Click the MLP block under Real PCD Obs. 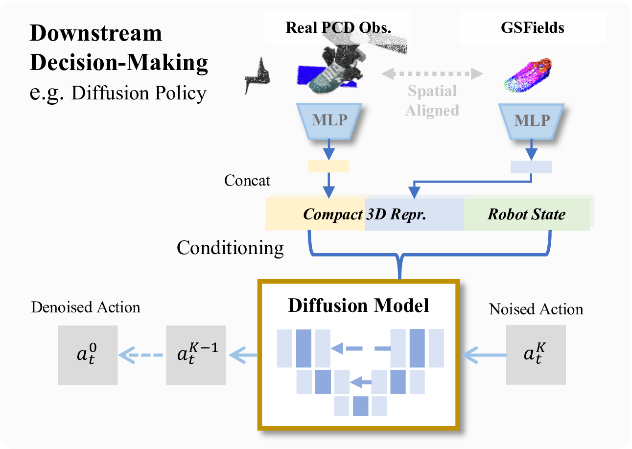[329, 121]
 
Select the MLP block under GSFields [531, 121]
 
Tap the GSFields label [533, 27]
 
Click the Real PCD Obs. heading [338, 27]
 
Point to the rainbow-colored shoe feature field [528, 75]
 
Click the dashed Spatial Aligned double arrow [432, 74]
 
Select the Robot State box [526, 214]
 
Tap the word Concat [247, 180]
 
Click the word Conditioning [230, 248]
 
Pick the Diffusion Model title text [358, 306]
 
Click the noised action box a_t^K [536, 354]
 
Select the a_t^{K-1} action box [196, 355]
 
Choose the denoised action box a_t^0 [88, 355]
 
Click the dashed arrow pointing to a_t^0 [140, 355]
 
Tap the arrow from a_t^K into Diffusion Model [483, 354]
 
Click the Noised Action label [536, 309]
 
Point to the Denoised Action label [86, 307]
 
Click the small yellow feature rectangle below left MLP [328, 166]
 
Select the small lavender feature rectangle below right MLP [531, 167]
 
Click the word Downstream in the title [95, 33]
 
